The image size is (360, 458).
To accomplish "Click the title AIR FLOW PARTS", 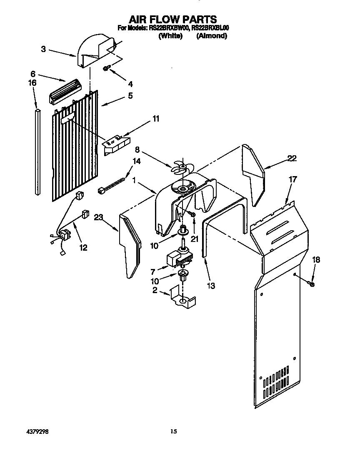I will point(172,19).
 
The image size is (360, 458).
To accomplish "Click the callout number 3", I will point(44,49).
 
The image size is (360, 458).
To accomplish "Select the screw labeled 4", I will point(106,68).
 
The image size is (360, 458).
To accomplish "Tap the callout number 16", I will point(32,83).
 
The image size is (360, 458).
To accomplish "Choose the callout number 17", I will point(293,180).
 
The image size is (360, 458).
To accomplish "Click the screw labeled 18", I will point(311,284).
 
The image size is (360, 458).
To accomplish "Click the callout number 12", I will point(83,248).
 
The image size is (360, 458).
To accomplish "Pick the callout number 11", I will point(155,119).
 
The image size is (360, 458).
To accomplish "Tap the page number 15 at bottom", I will point(174,432).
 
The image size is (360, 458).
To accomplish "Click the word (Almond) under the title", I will point(211,36).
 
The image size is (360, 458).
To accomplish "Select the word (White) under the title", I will point(170,36).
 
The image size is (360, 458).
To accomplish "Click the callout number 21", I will point(193,239).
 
